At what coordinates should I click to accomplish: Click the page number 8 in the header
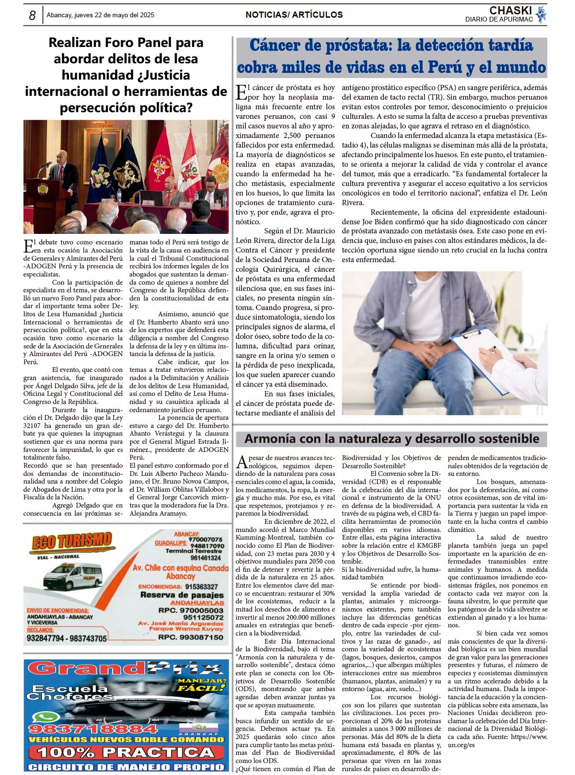[32, 15]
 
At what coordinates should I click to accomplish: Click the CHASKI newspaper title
[510, 11]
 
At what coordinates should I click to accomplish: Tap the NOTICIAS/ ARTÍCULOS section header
[294, 15]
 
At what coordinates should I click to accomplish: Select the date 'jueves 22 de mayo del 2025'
[115, 15]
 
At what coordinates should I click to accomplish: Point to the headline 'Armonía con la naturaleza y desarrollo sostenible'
[391, 439]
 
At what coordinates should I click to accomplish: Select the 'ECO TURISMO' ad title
[72, 542]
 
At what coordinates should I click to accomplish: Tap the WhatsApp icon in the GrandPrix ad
[39, 717]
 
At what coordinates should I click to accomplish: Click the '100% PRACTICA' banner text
[127, 752]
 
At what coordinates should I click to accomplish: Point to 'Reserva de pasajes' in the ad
[182, 595]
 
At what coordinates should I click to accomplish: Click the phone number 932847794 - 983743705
[67, 638]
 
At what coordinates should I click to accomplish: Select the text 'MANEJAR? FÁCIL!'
[201, 684]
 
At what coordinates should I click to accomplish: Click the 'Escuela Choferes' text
[69, 693]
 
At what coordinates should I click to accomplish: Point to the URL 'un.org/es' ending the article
[461, 745]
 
